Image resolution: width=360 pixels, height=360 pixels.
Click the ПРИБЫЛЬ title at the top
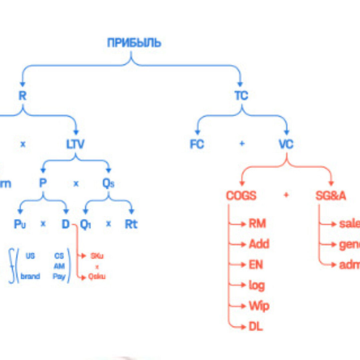point(134,43)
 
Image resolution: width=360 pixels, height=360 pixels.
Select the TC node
point(241,96)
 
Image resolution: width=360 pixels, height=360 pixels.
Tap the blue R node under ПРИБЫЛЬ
point(22,96)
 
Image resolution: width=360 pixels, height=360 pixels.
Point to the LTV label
point(75,144)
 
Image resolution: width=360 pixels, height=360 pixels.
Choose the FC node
point(197,144)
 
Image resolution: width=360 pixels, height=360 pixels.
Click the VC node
point(286,144)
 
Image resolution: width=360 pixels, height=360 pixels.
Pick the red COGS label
point(241,196)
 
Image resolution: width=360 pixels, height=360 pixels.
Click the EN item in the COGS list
point(256,265)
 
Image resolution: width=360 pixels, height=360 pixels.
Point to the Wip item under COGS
point(259,306)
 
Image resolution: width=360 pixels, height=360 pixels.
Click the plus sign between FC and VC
point(242,144)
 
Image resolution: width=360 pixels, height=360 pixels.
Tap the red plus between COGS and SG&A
point(286,195)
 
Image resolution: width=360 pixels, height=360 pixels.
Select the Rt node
point(131,224)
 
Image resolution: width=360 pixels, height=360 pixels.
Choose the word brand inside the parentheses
point(30,276)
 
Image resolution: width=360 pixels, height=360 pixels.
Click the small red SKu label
point(97,256)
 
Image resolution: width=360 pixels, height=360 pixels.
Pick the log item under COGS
point(257,285)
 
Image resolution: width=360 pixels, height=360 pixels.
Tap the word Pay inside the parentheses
point(59,276)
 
